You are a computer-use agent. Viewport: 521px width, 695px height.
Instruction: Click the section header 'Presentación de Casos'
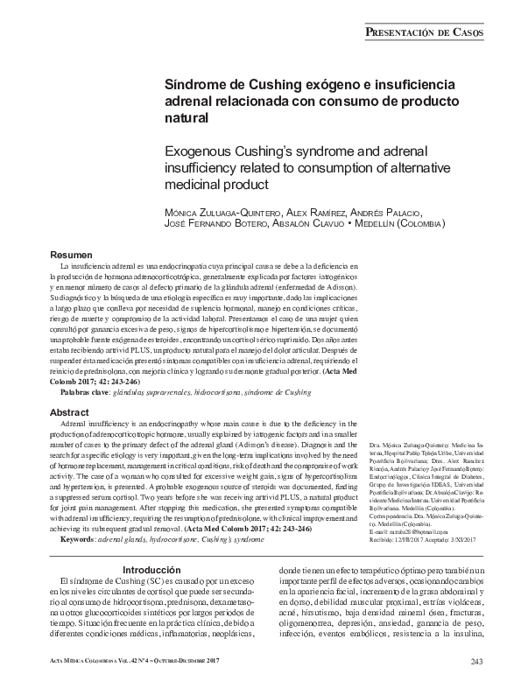pyautogui.click(x=421, y=32)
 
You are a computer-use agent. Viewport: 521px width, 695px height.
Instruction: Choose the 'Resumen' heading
pyautogui.click(x=71, y=252)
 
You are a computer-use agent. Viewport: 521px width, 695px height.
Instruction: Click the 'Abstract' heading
pyautogui.click(x=69, y=411)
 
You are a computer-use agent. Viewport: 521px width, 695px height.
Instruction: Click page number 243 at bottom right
pyautogui.click(x=476, y=660)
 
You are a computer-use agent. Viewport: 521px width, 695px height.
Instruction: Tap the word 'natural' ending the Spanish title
pyautogui.click(x=186, y=117)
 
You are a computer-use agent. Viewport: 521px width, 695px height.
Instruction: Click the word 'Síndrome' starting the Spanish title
pyautogui.click(x=194, y=85)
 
